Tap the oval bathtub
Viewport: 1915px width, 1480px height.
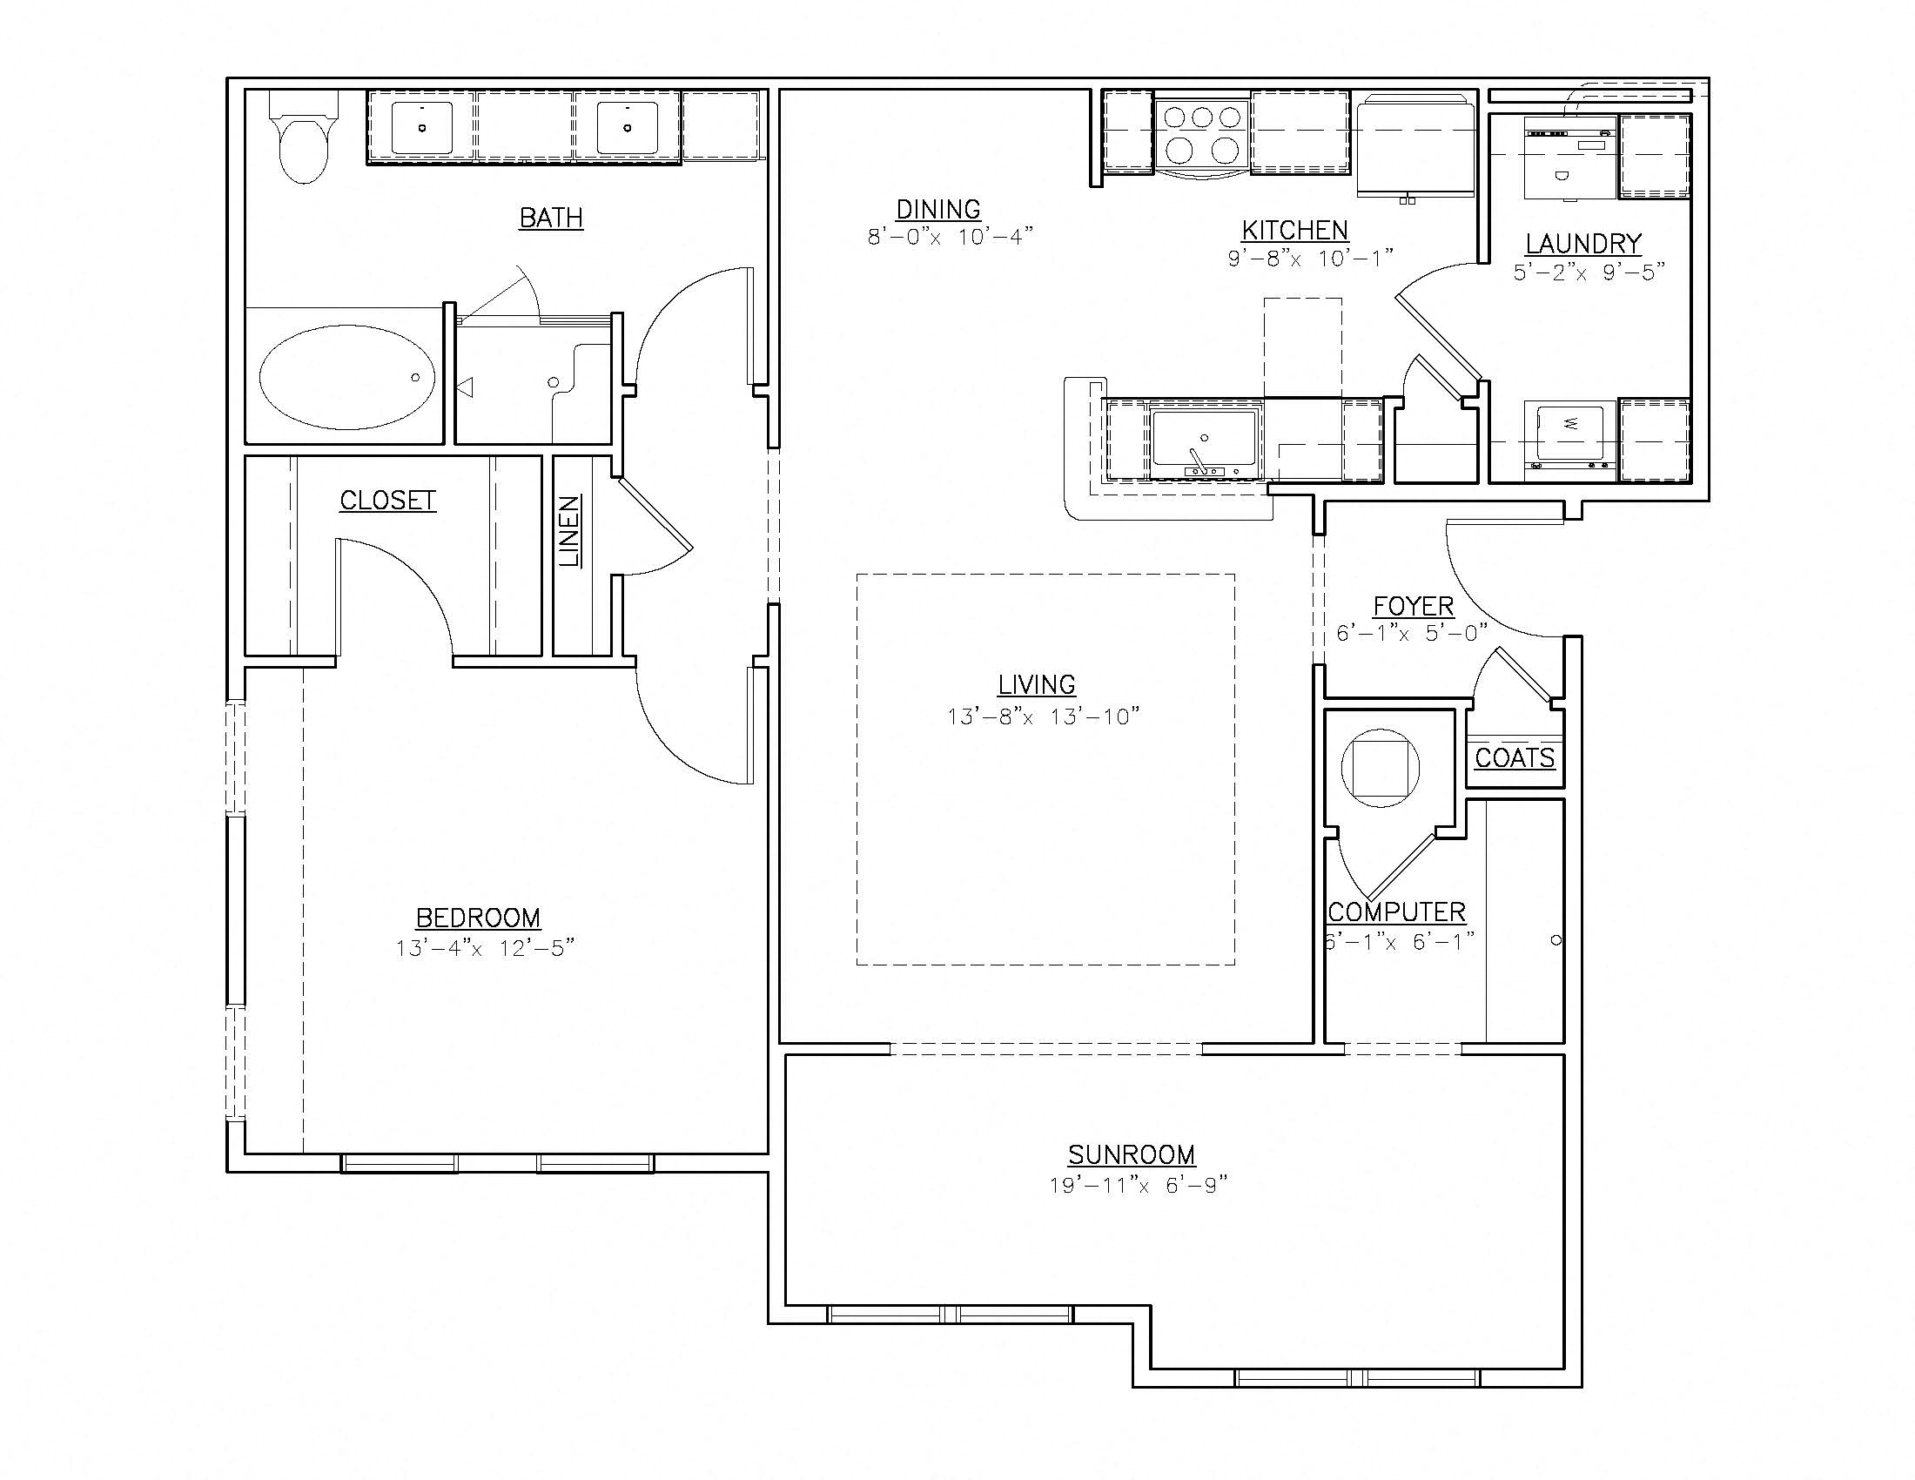(x=347, y=377)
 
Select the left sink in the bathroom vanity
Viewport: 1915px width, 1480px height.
(x=422, y=128)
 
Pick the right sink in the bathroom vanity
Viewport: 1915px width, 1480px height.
(x=628, y=128)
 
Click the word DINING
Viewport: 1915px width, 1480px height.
(x=938, y=210)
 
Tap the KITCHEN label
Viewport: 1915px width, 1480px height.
(x=1295, y=231)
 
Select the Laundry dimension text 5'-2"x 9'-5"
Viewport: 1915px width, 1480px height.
(x=1589, y=272)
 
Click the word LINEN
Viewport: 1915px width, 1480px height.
(x=571, y=530)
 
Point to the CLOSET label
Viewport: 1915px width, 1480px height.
(x=387, y=501)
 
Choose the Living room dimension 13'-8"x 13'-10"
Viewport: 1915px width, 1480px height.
(x=1043, y=717)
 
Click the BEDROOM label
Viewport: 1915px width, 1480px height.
(x=478, y=918)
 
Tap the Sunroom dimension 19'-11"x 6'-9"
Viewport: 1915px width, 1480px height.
(x=1138, y=1186)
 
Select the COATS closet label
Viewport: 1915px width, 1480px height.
(x=1515, y=758)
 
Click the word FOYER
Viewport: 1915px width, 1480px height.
(x=1414, y=606)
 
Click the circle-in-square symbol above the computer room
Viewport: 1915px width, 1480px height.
(x=1381, y=768)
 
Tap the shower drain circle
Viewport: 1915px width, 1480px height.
(x=554, y=382)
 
